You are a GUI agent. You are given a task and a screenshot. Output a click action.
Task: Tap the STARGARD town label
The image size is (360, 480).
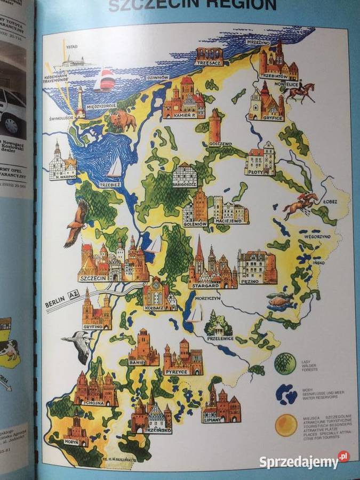(204, 286)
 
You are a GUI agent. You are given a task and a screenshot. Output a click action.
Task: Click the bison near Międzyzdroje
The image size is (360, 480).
(124, 121)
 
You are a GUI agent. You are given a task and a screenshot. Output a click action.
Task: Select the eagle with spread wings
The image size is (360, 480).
(76, 222)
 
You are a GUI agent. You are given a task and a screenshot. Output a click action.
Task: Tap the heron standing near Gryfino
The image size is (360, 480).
(79, 343)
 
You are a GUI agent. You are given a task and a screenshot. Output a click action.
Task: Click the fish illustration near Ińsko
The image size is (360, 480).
(281, 300)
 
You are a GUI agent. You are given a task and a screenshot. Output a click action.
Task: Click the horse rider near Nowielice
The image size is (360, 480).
(300, 91)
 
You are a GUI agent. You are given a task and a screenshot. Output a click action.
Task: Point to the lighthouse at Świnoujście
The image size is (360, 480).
(81, 102)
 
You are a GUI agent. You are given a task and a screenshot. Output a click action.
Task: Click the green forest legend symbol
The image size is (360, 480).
(285, 363)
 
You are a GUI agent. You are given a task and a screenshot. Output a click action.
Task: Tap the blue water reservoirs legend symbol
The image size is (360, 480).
(286, 394)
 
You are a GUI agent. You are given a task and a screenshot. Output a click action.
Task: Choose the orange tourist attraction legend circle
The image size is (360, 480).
(286, 425)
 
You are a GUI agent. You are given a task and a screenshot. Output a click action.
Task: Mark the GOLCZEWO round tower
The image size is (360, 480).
(215, 126)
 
